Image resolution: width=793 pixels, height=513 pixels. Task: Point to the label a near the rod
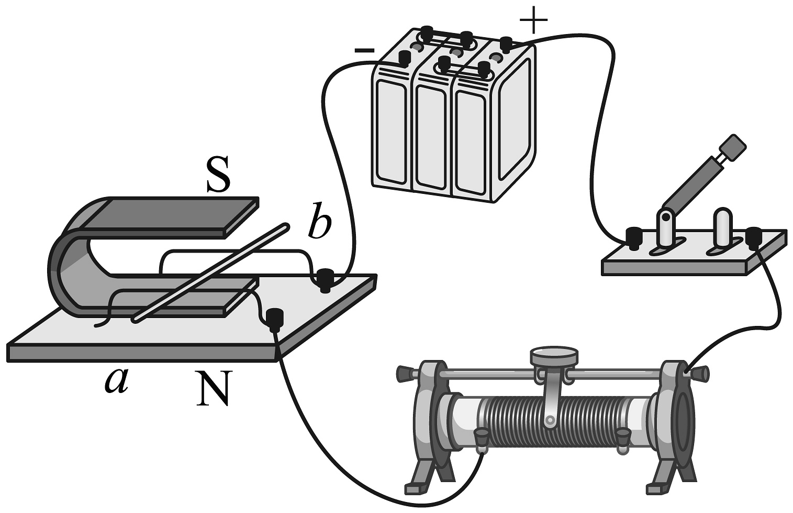[116, 379]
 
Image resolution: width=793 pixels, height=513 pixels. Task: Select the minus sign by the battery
[364, 51]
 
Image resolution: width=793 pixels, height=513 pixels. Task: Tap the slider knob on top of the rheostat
[554, 356]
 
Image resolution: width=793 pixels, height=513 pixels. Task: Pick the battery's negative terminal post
[404, 57]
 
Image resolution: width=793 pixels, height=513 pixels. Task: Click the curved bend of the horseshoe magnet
[65, 262]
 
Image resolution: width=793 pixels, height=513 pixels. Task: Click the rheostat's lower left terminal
[481, 439]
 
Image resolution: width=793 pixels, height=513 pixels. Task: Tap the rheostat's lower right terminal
[622, 438]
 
